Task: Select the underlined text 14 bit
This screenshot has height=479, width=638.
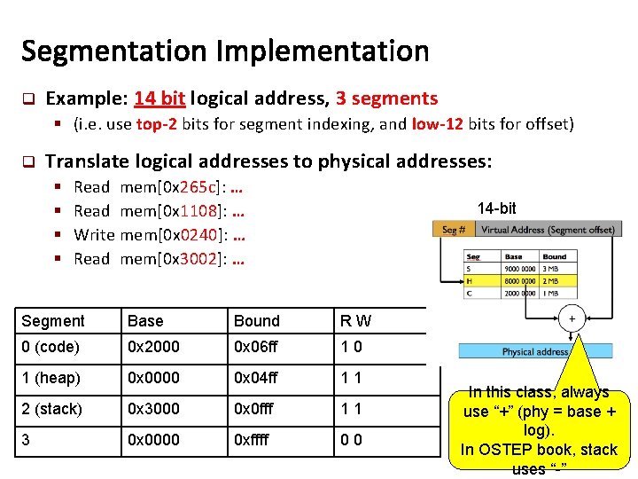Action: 159,98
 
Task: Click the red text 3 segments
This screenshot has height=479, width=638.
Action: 386,98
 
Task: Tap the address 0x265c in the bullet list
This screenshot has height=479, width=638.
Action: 202,187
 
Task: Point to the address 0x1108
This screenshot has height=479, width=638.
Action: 202,211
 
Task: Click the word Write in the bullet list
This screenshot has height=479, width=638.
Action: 95,235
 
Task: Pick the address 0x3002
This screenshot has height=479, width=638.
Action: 202,259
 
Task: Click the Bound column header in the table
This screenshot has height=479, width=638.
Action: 256,321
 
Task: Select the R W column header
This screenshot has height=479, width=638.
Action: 354,321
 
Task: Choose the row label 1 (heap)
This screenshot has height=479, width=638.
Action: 51,379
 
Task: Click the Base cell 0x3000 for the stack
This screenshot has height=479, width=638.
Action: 152,409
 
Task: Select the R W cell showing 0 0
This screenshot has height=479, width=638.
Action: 351,440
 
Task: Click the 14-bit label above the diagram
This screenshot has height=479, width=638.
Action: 496,208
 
